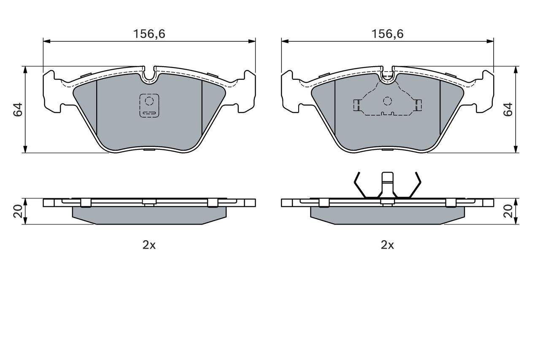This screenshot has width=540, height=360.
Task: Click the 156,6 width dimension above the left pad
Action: click(149, 34)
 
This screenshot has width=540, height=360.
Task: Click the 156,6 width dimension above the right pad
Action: click(387, 34)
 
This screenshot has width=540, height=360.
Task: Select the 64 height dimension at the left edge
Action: click(18, 110)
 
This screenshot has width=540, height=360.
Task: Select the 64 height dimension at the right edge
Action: click(508, 110)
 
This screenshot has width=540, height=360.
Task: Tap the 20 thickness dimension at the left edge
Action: click(18, 211)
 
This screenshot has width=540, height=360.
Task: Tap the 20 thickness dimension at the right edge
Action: click(508, 211)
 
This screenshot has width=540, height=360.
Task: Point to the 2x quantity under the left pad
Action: click(149, 245)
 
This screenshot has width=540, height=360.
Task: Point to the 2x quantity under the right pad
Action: click(387, 245)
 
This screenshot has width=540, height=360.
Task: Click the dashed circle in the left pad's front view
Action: click(149, 101)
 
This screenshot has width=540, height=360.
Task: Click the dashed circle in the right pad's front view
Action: click(387, 101)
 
